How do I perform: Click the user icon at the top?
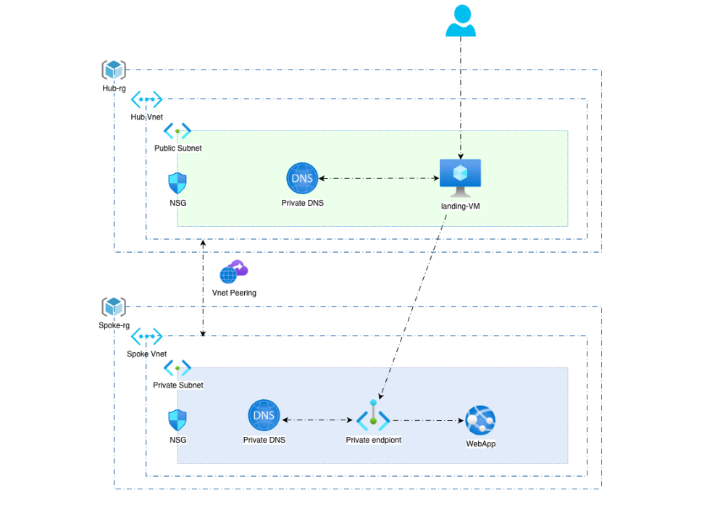pos(461,20)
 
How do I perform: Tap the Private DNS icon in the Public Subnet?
pos(302,178)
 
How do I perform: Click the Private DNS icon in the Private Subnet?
pos(264,415)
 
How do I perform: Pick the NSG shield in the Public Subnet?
pos(177,183)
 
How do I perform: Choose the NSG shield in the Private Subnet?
pos(177,420)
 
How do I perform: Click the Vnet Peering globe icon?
pos(233,272)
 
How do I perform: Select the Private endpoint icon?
pos(373,416)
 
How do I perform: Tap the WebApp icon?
pos(480,420)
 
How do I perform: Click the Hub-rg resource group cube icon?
pos(114,70)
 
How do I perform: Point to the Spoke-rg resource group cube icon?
pos(114,306)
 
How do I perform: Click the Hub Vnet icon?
pos(146,99)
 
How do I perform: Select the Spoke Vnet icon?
pos(146,336)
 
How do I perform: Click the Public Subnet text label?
pos(177,149)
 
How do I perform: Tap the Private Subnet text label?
pos(177,385)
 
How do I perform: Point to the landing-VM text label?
pos(460,206)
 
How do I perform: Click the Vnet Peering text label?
pos(234,293)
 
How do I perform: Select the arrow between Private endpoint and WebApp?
pos(428,420)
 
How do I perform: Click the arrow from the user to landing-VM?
pos(461,98)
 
